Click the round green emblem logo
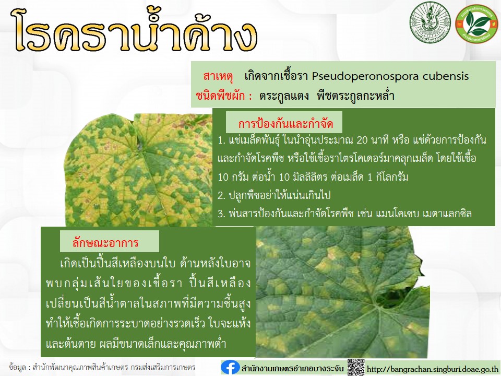430,22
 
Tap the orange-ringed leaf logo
476,23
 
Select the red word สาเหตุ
219,76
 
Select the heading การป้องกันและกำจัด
285,124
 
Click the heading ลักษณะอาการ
105,243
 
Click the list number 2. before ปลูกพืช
222,195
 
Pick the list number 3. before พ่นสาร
222,214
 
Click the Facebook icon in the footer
230,368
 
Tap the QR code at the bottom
356,367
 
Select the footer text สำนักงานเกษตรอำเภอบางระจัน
292,368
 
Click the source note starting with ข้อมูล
102,367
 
